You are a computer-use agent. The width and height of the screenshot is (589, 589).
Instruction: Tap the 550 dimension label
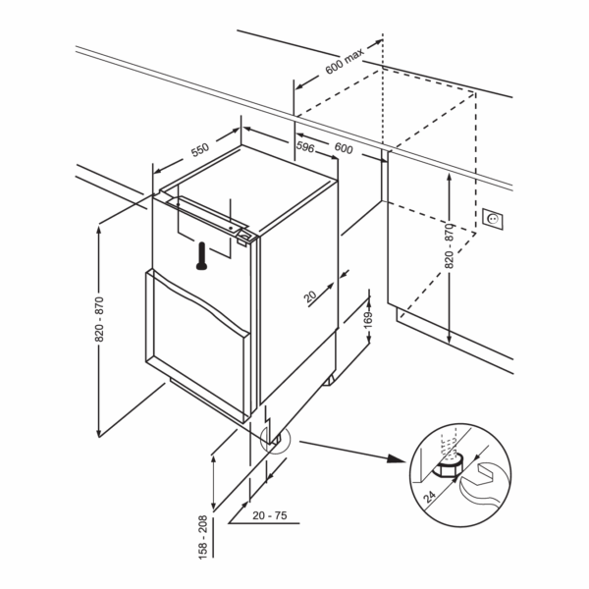tap(199, 150)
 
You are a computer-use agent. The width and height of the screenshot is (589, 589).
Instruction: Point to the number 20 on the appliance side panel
tap(309, 294)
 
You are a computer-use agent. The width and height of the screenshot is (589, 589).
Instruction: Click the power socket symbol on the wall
tap(491, 218)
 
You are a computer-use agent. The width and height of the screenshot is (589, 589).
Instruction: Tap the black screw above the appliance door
tap(202, 254)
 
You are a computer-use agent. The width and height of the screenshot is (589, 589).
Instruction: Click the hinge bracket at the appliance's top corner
tap(244, 236)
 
